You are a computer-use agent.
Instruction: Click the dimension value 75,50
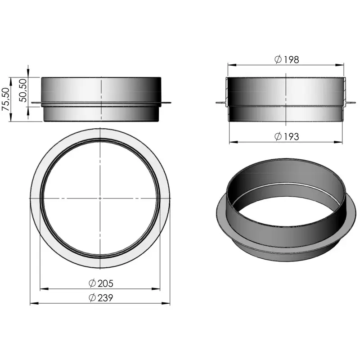[5, 99]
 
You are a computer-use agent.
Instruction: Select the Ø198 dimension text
[286, 59]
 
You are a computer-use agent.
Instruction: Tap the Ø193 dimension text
[286, 136]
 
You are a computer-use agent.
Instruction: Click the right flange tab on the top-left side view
[166, 103]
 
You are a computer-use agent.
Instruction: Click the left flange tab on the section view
[221, 104]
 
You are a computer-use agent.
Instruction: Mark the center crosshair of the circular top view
[100, 198]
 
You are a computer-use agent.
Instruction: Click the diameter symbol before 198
[277, 59]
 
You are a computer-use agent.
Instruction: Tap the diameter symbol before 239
[92, 298]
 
